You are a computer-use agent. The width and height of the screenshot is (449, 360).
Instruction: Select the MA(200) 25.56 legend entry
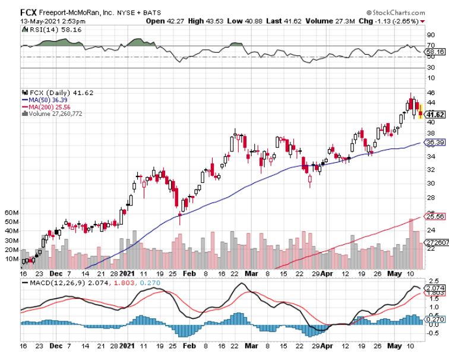pos(48,106)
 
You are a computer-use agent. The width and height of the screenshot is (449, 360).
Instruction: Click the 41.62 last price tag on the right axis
pos(436,115)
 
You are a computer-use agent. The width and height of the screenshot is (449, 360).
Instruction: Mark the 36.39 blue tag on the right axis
pos(436,143)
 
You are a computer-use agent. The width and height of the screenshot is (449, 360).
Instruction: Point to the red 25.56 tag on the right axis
pos(436,217)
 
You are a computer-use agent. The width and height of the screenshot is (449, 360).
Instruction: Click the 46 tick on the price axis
pos(432,93)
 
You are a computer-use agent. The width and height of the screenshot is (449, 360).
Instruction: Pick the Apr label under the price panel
pos(328,274)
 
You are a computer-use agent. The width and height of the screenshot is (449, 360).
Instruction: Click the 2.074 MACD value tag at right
pos(437,288)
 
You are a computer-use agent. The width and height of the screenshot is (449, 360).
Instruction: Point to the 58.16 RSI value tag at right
pos(437,52)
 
